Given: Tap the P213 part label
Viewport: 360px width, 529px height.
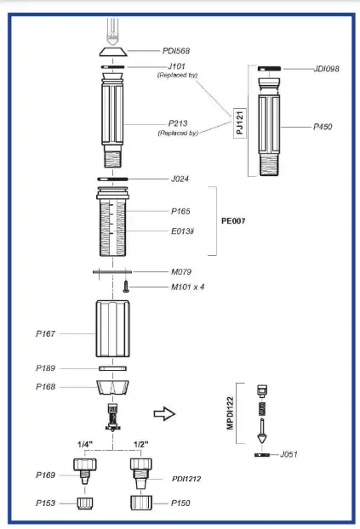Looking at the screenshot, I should tap(177, 124).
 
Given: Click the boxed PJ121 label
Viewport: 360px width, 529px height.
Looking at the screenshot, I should tap(240, 126).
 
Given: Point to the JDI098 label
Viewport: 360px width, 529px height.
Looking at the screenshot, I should tap(327, 69).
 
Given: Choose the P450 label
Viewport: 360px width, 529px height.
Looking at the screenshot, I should tap(323, 127).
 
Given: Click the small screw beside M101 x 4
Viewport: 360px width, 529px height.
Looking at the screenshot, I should tap(127, 287).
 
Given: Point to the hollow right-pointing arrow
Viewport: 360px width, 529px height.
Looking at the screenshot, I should tap(164, 414).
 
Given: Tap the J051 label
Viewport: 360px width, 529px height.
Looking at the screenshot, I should tap(292, 455).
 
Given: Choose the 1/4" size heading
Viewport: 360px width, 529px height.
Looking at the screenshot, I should tap(86, 444).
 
